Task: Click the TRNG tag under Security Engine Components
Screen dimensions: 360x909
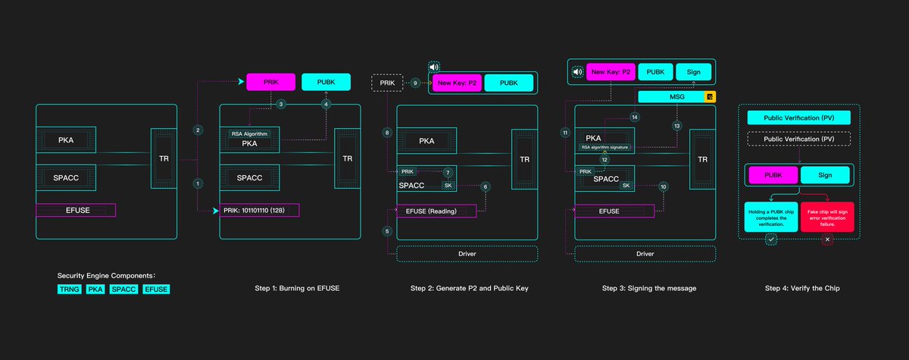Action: pos(70,289)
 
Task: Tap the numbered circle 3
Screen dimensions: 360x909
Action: pos(280,104)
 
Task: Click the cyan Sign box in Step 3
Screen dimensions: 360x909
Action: pos(693,72)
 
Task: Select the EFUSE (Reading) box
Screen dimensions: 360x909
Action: pos(436,211)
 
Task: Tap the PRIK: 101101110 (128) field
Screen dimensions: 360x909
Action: pos(259,210)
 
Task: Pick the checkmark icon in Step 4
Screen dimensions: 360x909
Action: pos(771,239)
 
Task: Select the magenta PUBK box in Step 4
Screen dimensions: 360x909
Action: pos(773,175)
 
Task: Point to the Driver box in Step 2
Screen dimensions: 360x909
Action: pos(467,253)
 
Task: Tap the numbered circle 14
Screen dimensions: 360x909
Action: pos(635,117)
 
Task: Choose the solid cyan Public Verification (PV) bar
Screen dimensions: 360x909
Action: pos(799,118)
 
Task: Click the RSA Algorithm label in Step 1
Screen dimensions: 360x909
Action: pos(249,134)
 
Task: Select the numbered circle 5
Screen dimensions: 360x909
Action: pos(387,231)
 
